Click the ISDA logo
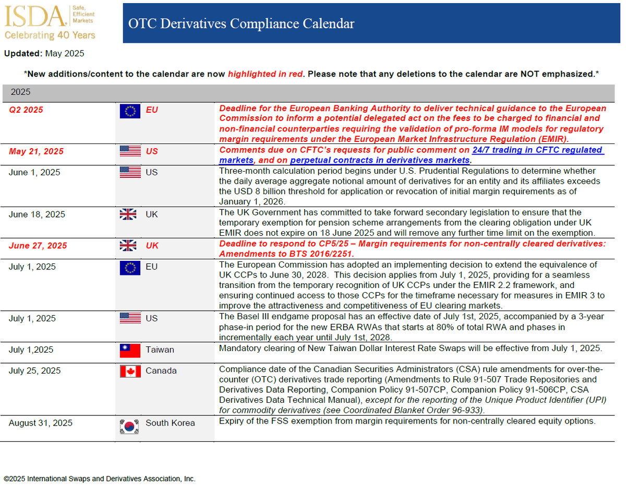[x=35, y=17]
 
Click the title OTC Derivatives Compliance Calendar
[x=242, y=23]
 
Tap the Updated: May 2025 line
[x=44, y=53]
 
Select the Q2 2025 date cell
[x=26, y=110]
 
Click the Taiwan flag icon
[x=130, y=351]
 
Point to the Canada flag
[x=130, y=371]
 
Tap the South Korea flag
[x=130, y=426]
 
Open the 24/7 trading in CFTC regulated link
[x=537, y=150]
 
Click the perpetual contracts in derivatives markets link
[x=379, y=160]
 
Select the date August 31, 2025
[x=41, y=423]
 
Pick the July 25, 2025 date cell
[x=34, y=371]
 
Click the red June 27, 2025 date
[x=38, y=246]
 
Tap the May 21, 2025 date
[x=37, y=152]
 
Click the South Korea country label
[x=170, y=423]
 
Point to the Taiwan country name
[x=160, y=350]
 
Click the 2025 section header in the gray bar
[x=21, y=92]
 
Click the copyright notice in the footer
[x=100, y=478]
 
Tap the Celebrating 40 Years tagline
[x=50, y=35]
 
